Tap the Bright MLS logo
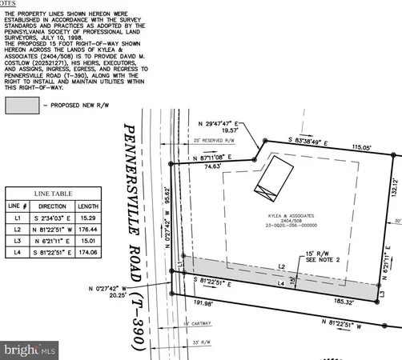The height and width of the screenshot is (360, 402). point(30,350)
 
